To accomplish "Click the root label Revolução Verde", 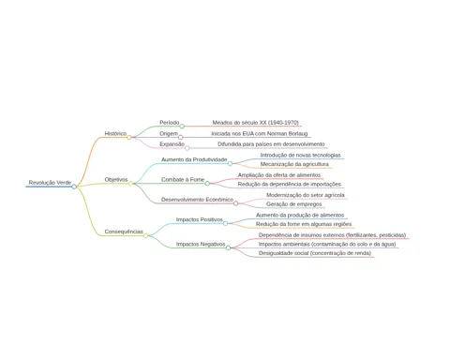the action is coord(50,183).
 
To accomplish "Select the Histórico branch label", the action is coord(115,133).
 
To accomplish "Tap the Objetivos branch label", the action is coord(116,180).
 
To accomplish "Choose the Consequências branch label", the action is coord(124,232).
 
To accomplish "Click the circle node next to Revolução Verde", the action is coord(74,187).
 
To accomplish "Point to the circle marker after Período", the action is coord(182,127).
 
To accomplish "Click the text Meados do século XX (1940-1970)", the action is coord(256,123).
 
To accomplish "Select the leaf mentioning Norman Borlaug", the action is coord(260,134).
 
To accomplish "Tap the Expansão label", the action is coord(172,144).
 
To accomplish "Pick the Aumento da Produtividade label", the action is coord(194,159).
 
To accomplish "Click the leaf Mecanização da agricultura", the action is coord(294,164).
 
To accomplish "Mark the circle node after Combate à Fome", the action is coord(207,184).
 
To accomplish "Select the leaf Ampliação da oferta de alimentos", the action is coord(279,175).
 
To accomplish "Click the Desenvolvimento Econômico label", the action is coord(197,200).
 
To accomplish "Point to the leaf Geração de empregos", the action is coord(294,204).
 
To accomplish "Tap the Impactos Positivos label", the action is coord(200,219).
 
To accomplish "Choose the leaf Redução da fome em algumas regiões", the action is coord(304,224).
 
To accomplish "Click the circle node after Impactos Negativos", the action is coord(228,247).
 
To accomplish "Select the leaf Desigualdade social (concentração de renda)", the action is coord(315,253).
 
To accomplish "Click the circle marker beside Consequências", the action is coord(145,235).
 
